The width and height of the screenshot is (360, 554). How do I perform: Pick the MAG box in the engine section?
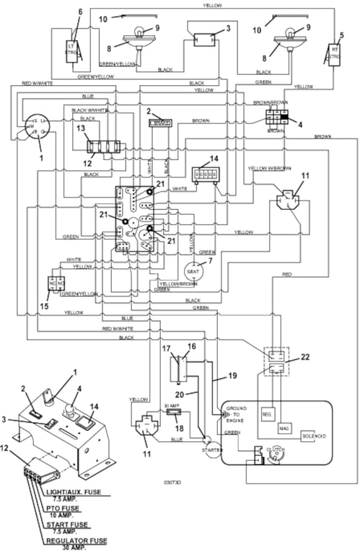point(286,428)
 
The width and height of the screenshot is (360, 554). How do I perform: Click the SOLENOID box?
point(315,436)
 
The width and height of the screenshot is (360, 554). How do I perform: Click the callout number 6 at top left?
point(80,12)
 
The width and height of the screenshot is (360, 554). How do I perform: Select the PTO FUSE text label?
point(66,507)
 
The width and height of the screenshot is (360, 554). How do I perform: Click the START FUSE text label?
point(70,523)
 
